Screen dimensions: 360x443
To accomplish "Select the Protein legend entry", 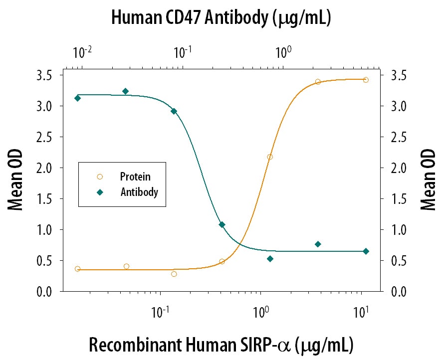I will coord(135,177).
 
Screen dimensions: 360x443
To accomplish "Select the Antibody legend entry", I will coord(139,191).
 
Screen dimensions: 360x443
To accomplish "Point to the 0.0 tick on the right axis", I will coord(395,292).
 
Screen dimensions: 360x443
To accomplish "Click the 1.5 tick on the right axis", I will coord(395,199).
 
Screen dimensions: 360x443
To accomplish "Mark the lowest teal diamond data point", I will coord(270,259).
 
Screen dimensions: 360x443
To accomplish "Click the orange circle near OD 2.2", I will coord(270,157).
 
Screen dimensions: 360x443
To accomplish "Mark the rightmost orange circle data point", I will coord(366,80).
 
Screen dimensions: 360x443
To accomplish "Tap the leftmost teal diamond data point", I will coord(77,98).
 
